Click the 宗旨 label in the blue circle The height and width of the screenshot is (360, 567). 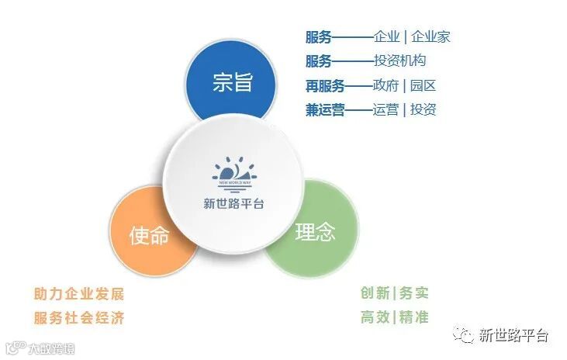[233, 83]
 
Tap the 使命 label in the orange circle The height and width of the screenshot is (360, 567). [149, 235]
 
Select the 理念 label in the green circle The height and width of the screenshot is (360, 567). [316, 231]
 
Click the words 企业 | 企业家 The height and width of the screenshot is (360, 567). [411, 36]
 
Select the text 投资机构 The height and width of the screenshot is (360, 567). [399, 61]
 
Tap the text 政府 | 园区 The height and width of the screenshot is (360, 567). [404, 85]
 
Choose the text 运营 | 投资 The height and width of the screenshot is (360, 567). [404, 109]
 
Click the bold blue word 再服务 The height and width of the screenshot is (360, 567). [325, 85]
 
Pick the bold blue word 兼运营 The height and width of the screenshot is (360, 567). [325, 109]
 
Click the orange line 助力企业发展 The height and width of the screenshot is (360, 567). [78, 294]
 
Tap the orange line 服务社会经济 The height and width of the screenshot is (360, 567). [78, 318]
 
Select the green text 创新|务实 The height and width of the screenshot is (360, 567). [394, 293]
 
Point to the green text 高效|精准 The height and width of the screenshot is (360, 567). [394, 317]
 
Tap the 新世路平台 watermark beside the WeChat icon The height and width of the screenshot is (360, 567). [513, 335]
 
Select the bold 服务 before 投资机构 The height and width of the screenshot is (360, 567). [319, 61]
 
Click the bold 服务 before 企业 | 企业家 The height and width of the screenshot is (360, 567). [319, 36]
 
